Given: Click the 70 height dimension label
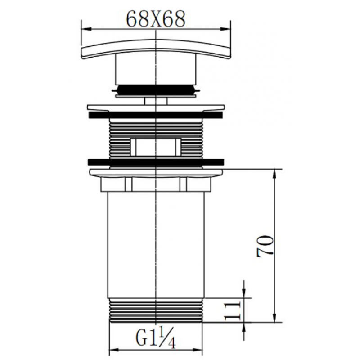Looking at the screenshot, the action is coord(265,246).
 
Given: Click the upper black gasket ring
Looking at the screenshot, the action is coord(156,115).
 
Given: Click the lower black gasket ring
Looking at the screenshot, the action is coord(156,162).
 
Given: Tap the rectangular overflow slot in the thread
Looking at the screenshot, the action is coord(156,147).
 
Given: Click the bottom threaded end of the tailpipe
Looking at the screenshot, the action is coord(156,310).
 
